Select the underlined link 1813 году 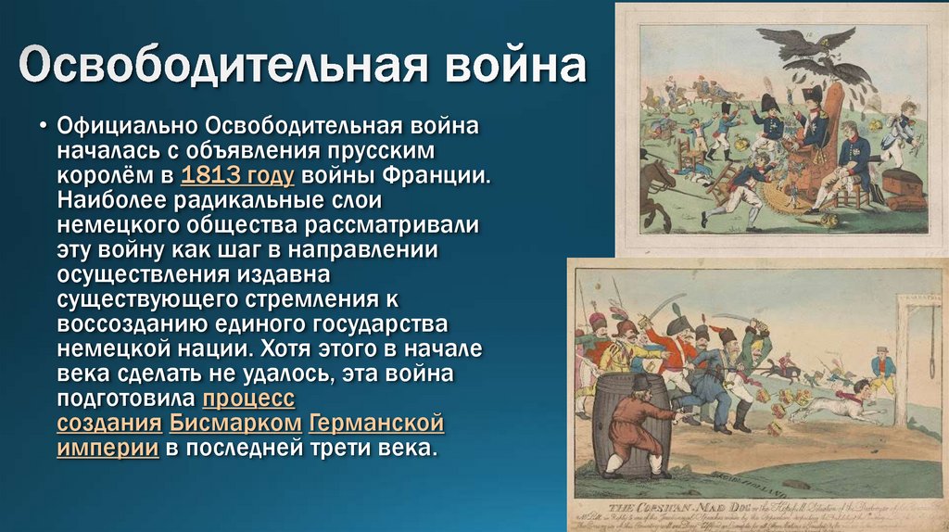coord(238,174)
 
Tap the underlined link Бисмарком coord(235,424)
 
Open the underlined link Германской coord(376,424)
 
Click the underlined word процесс coord(247,399)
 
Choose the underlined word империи coord(107,449)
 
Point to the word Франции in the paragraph coord(436,174)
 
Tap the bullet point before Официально coord(44,124)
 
